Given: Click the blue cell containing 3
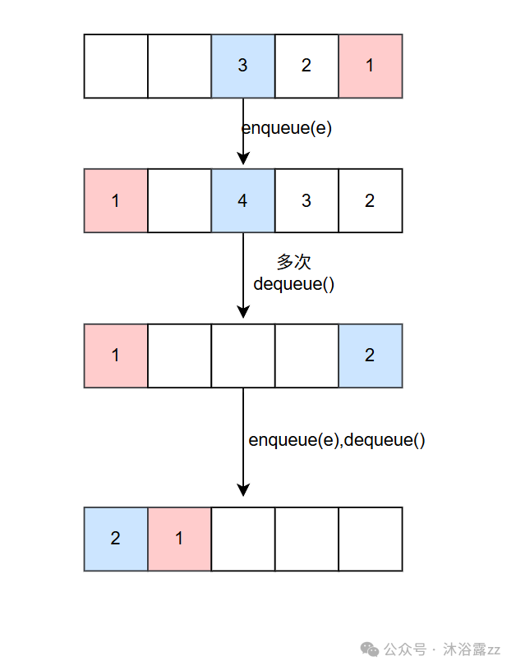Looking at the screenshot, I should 242,66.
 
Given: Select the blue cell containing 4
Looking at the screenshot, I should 242,200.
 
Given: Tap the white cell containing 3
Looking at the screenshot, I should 306,200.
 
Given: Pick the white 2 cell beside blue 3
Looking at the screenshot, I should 306,66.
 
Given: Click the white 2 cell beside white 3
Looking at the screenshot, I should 370,200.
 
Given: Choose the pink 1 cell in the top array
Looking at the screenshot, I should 370,66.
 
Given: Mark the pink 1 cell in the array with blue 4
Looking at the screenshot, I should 116,200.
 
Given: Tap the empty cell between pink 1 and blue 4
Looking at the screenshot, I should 179,200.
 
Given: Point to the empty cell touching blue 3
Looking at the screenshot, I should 179,66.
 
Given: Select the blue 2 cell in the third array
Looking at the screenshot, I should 370,356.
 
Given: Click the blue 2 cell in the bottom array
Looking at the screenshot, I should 116,539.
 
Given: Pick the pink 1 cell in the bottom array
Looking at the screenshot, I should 179,539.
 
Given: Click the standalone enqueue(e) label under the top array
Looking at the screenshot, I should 286,128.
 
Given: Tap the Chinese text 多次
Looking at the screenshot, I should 294,263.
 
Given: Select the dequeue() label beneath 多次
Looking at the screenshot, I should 294,284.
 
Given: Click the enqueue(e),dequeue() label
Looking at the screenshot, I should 337,440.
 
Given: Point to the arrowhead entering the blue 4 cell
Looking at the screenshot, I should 242,159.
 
